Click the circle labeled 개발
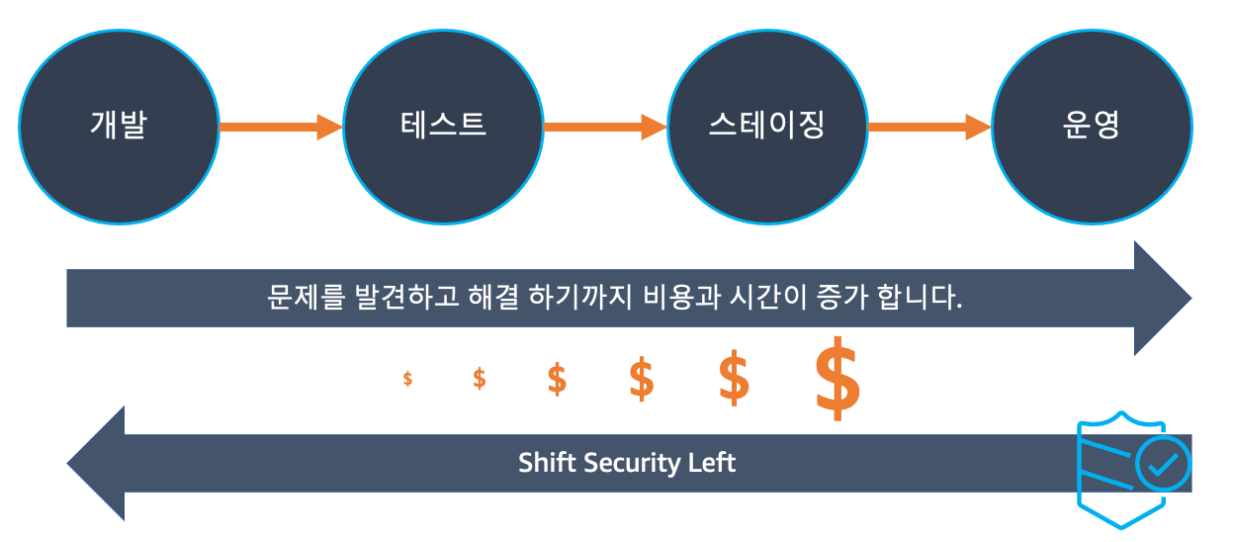tap(119, 127)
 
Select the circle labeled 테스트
tap(443, 127)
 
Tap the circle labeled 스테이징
tap(767, 127)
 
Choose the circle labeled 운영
tap(1092, 127)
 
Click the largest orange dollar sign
tap(837, 378)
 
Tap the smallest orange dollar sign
tap(408, 378)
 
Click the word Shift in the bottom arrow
tap(547, 463)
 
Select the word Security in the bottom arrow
tap(632, 463)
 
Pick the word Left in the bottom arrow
tap(712, 463)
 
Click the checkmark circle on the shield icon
tap(1164, 463)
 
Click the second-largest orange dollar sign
tap(733, 378)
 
